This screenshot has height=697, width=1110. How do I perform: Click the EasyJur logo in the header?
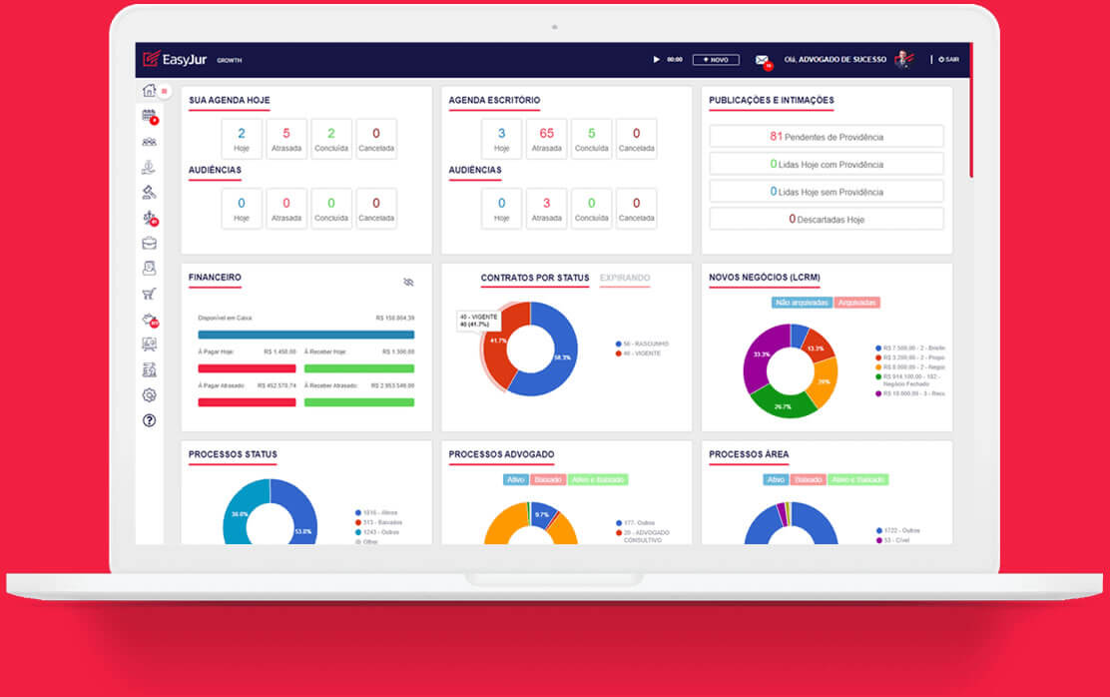176,59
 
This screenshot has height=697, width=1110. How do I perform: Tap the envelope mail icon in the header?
762,60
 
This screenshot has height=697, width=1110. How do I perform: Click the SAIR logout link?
949,60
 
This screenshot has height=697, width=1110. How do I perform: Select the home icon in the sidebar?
149,91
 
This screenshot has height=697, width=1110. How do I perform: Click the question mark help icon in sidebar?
149,420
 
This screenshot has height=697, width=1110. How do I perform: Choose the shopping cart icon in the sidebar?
149,294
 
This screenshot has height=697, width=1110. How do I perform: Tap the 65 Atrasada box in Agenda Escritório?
546,139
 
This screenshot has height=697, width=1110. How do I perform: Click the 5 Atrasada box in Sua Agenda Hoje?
285,139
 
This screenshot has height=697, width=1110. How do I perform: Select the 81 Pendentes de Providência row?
826,137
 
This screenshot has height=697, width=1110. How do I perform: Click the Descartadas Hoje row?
826,219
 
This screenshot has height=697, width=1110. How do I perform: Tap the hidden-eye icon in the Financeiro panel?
408,283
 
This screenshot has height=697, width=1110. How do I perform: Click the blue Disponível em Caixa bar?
305,335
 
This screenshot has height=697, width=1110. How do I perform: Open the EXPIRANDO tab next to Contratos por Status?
625,279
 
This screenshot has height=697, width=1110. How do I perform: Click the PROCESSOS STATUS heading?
233,455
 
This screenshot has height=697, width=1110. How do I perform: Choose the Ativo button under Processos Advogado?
515,480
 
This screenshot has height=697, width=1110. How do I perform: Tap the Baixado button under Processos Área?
810,480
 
